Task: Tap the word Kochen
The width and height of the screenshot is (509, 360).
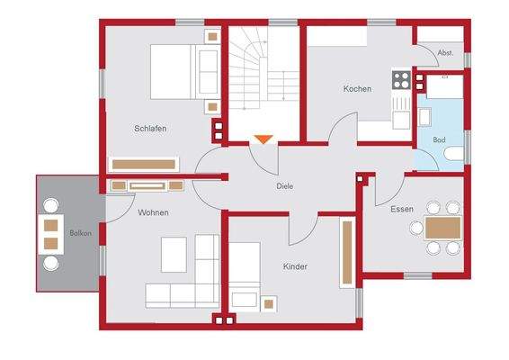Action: click(357, 89)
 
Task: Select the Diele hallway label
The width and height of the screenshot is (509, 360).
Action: click(285, 186)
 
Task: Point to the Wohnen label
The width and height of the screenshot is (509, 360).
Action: click(153, 212)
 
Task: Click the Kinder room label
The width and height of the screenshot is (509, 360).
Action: click(295, 267)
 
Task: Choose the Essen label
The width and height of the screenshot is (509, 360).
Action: click(402, 209)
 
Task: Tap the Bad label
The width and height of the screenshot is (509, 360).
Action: click(439, 140)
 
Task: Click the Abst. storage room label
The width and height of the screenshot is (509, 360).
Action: click(444, 53)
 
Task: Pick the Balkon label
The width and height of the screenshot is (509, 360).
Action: click(80, 233)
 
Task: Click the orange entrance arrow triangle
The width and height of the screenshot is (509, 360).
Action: click(263, 139)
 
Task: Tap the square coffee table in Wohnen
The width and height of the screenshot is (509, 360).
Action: click(177, 255)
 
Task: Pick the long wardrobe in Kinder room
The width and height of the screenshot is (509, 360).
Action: click(346, 254)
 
